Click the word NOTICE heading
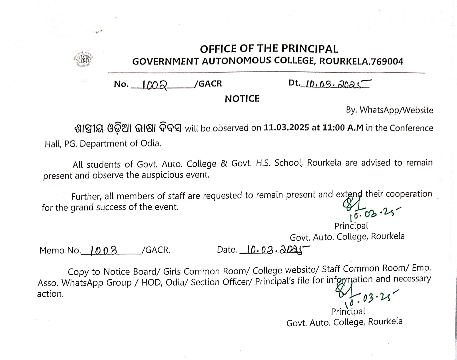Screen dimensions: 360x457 (242, 99)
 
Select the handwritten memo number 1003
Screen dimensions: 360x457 (103, 250)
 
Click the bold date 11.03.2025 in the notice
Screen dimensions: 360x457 (286, 128)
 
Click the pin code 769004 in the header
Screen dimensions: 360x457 (386, 61)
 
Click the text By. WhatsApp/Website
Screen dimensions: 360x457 (390, 110)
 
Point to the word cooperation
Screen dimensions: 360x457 (409, 194)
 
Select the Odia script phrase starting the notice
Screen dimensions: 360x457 (128, 128)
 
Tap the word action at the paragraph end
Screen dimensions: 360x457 (50, 294)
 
